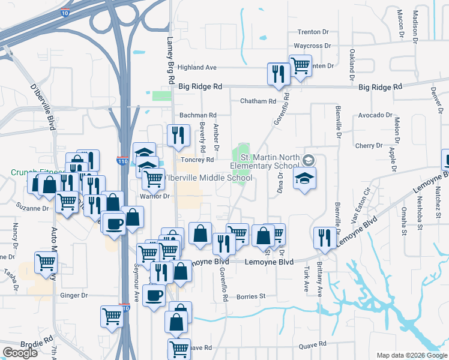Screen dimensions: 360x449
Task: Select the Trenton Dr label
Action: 315,32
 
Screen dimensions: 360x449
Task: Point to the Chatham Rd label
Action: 259,101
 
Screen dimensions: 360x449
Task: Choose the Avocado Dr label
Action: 375,115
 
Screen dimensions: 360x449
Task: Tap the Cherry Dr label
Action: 369,146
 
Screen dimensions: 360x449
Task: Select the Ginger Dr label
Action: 74,295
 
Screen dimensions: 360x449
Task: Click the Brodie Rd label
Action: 26,343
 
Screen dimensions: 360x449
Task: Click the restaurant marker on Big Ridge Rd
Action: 278,73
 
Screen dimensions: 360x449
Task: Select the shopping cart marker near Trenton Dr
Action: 300,65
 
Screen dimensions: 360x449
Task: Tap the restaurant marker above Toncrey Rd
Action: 177,136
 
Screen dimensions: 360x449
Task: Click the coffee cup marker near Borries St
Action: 154,295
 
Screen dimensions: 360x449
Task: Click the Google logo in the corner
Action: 20,353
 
